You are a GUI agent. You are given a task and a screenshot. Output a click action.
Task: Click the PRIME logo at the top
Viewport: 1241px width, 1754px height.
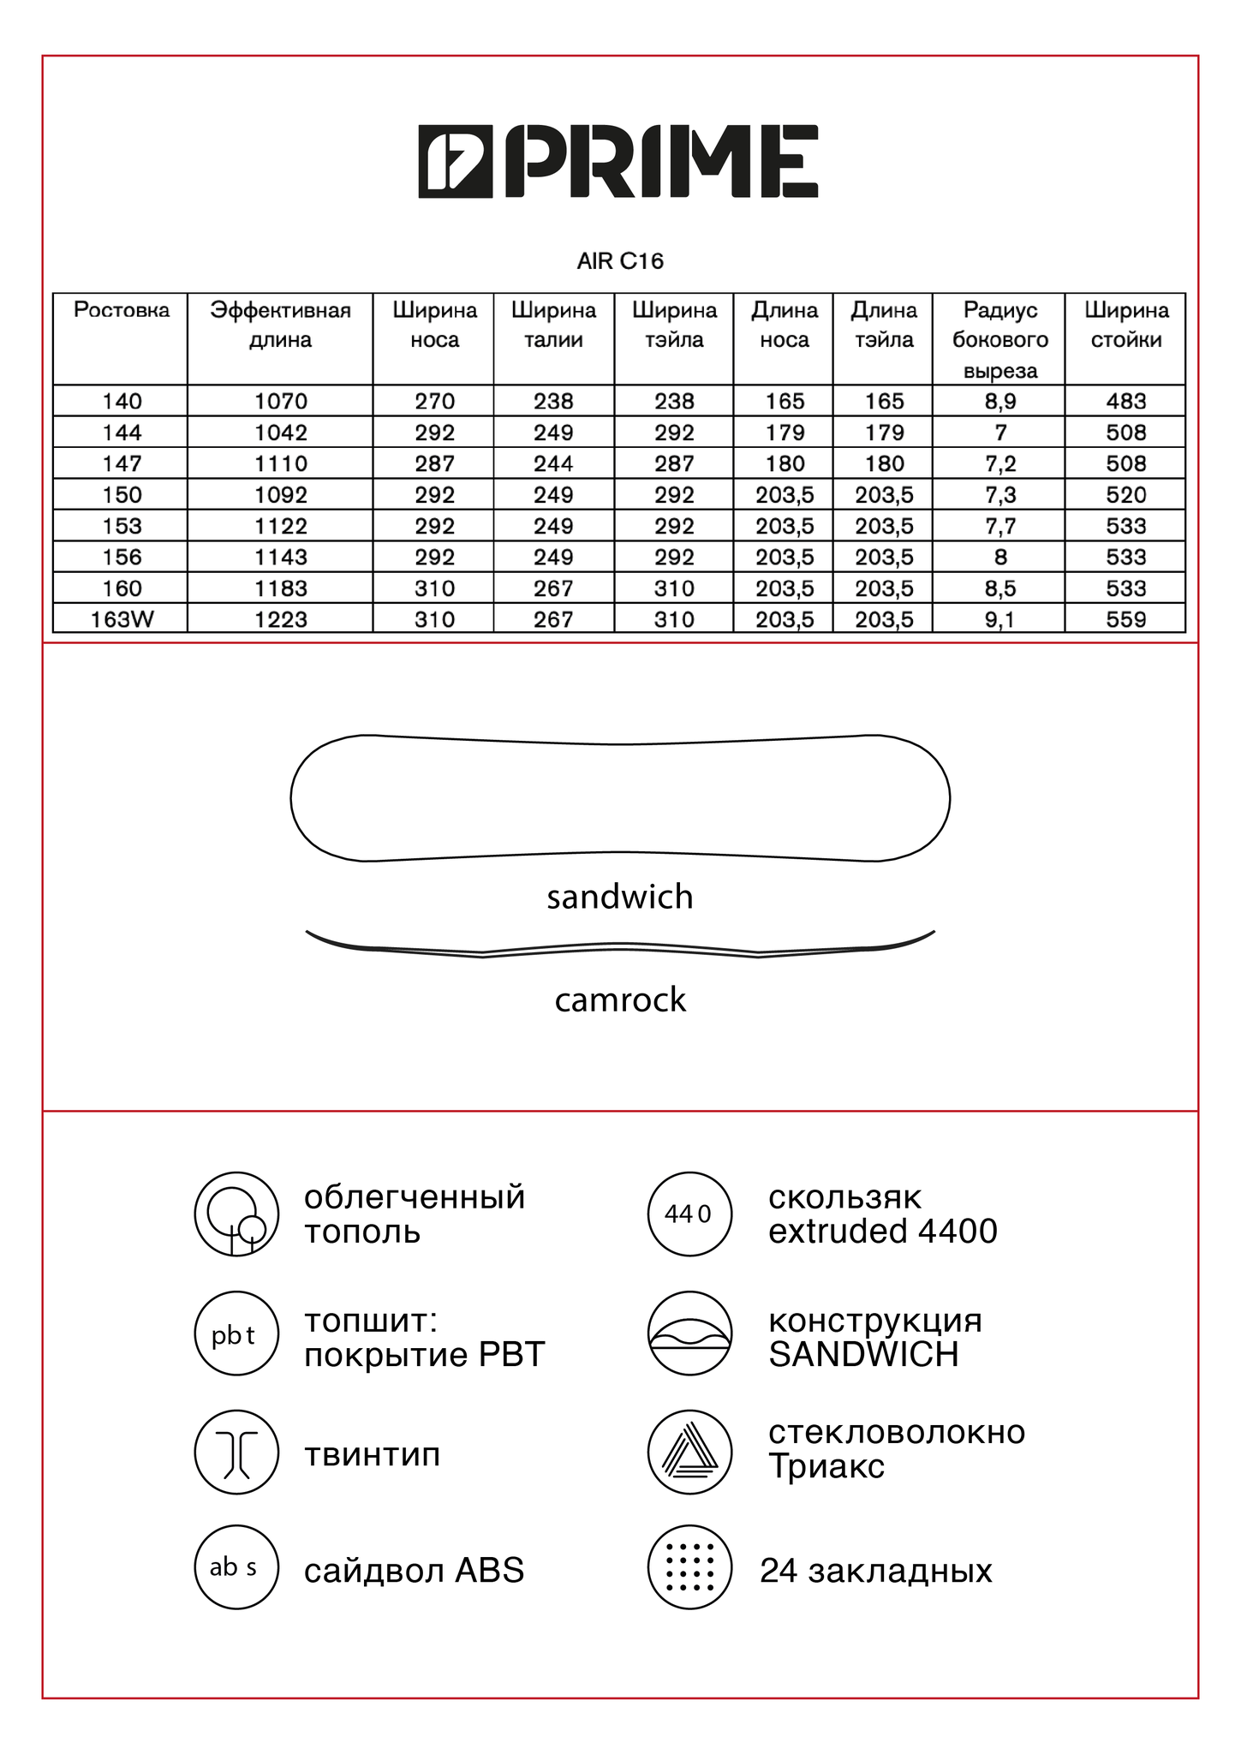point(618,161)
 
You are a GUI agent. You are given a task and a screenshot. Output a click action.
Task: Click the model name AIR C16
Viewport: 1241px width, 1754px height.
point(620,261)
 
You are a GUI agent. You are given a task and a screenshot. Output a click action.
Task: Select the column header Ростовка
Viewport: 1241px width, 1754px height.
point(122,310)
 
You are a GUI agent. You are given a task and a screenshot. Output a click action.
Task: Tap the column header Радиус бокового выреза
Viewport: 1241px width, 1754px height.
point(999,340)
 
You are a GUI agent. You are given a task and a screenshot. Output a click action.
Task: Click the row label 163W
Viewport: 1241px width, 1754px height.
point(122,619)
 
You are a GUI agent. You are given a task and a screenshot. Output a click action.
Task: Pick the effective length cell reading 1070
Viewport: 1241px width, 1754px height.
point(280,401)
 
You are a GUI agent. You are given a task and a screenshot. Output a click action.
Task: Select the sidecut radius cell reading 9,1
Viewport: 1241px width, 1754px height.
point(999,619)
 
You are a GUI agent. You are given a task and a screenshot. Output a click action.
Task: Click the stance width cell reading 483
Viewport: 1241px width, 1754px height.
point(1125,401)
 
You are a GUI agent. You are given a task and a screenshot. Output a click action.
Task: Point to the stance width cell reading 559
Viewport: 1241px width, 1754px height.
point(1125,619)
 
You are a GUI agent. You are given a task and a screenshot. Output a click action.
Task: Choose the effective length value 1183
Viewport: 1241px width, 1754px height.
point(280,588)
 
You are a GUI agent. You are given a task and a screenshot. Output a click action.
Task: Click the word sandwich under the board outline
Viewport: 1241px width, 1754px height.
point(620,897)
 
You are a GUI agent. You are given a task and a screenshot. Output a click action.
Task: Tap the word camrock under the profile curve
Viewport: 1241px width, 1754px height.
point(620,999)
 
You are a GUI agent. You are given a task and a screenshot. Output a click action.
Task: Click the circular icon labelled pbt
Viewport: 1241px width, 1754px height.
point(236,1334)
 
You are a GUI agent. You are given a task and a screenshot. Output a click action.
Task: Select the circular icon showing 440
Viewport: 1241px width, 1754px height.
point(689,1214)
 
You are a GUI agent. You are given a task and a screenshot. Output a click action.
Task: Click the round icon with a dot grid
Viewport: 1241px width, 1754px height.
point(689,1567)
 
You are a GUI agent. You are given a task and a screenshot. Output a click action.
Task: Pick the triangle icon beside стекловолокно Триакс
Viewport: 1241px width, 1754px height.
point(689,1453)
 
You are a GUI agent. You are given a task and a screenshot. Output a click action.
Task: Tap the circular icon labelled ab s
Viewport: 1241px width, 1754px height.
point(236,1567)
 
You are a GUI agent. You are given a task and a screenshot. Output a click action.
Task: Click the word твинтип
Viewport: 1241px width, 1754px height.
point(373,1454)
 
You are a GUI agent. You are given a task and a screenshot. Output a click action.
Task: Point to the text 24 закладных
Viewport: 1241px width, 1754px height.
point(875,1571)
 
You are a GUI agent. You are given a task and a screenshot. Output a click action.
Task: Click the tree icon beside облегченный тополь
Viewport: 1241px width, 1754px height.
point(236,1214)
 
